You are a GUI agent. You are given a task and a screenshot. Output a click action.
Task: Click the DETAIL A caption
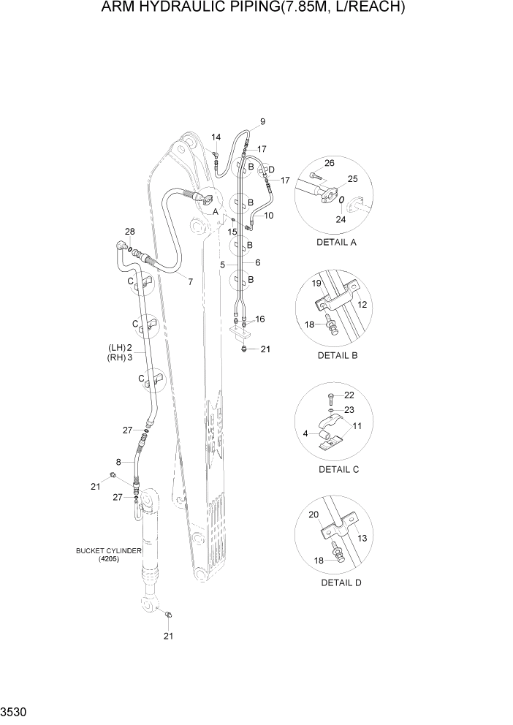336,242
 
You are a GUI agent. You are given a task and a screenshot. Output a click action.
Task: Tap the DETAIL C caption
338,469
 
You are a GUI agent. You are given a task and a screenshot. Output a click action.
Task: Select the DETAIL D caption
341,582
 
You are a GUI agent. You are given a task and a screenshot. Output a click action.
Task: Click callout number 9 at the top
262,121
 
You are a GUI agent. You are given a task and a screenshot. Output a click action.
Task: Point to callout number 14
216,137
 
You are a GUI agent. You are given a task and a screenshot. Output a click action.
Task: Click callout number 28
129,232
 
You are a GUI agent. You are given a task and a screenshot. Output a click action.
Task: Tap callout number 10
268,216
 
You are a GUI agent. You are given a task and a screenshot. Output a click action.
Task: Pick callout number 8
119,462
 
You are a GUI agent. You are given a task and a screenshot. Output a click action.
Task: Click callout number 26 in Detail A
329,163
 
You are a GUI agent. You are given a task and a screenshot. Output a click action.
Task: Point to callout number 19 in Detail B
317,282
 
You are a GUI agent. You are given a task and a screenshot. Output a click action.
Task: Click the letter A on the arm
215,211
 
